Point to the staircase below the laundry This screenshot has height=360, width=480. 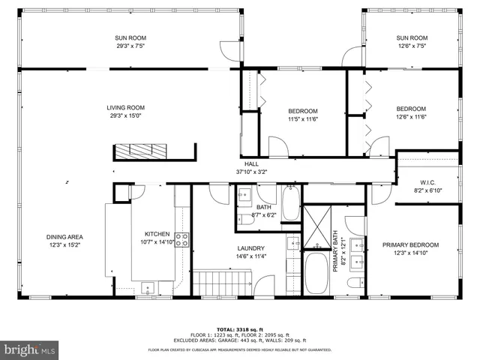222,283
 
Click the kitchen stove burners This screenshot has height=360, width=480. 181,241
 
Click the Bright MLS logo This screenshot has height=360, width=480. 30,349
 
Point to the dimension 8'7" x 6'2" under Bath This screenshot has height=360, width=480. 263,215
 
